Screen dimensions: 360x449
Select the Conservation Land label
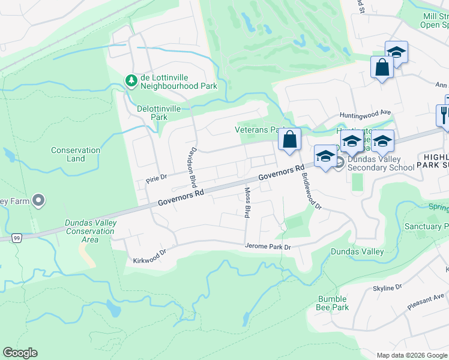[x=76, y=154]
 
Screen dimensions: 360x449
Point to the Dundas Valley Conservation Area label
[x=90, y=231]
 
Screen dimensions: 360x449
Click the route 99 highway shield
[x=16, y=238]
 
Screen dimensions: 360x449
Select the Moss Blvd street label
[x=247, y=202]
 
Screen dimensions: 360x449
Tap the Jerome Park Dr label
[x=268, y=246]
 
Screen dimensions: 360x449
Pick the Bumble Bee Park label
[x=332, y=303]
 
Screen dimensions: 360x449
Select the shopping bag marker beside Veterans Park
[x=289, y=140]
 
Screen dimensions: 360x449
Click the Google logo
[x=20, y=353]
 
